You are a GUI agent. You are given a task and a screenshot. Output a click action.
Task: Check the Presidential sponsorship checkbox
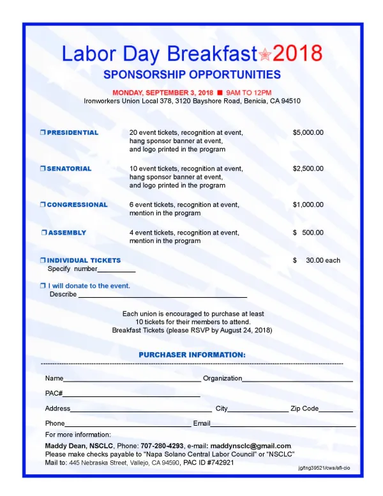[43, 133]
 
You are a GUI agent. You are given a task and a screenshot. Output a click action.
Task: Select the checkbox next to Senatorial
[43, 169]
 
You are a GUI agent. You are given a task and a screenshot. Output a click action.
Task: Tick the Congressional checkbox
[43, 205]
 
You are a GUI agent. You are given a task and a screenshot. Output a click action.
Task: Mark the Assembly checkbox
[44, 233]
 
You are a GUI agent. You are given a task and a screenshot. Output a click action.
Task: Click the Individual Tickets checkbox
[43, 261]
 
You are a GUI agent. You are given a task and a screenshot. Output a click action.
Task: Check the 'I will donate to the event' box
[43, 286]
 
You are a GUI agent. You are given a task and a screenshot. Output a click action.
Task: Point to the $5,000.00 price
[308, 133]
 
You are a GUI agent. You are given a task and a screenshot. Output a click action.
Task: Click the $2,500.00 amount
[308, 169]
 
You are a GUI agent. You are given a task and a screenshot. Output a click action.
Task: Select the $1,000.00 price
[308, 205]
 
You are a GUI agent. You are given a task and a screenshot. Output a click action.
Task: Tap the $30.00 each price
[317, 261]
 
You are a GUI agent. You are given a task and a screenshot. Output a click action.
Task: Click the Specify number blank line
[117, 270]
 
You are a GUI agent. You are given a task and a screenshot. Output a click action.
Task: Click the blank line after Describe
[162, 295]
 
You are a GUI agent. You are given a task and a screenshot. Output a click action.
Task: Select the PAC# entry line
[131, 394]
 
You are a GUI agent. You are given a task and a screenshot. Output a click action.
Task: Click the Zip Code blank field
[336, 409]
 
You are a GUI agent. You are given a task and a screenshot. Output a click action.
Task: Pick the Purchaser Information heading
[191, 354]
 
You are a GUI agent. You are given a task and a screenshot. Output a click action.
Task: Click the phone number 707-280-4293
[162, 446]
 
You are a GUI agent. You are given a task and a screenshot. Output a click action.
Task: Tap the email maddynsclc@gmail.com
[251, 446]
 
